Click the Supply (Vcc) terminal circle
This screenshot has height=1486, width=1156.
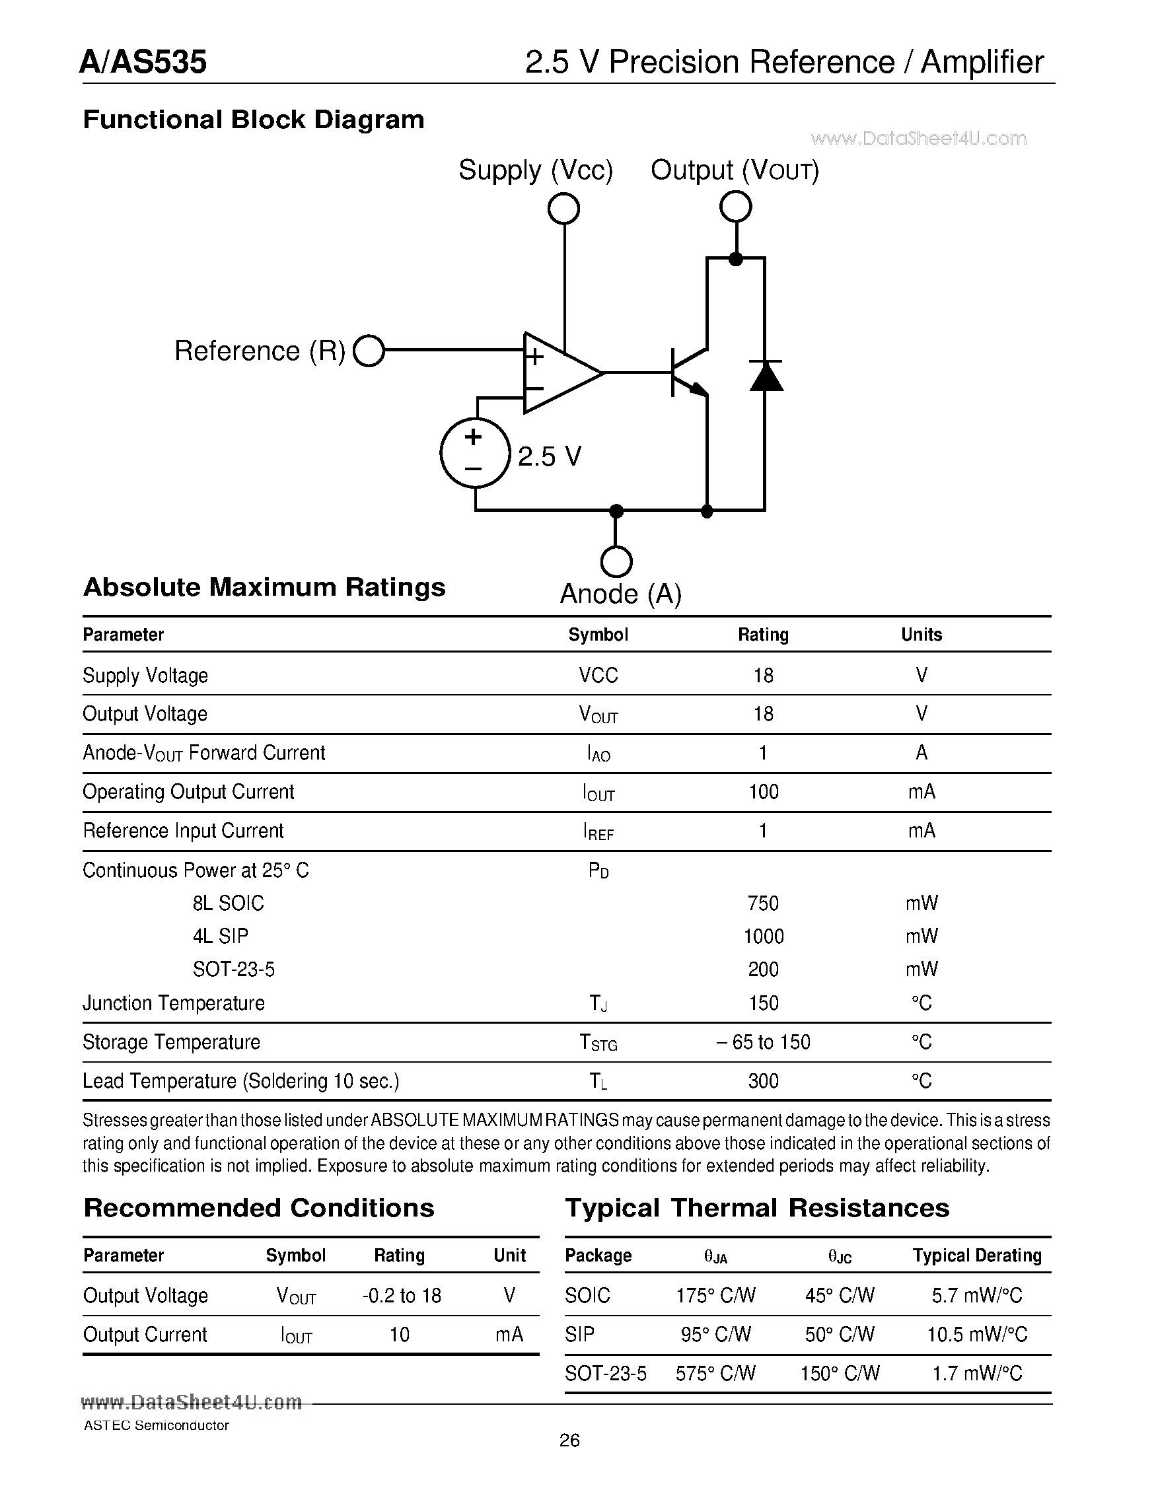563,208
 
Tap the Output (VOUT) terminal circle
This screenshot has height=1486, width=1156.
735,206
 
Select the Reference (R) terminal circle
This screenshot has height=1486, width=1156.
369,351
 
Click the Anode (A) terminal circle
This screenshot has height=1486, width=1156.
616,562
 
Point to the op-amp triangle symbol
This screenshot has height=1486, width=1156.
558,373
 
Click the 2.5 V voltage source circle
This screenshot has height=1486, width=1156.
475,453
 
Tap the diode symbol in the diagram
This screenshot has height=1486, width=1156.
766,376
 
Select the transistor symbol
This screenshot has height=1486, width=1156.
687,373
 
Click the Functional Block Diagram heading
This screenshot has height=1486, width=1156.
253,120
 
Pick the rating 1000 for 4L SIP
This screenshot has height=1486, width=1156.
764,937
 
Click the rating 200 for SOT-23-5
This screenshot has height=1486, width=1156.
764,969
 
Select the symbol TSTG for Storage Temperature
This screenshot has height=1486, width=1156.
598,1042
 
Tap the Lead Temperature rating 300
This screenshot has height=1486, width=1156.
764,1081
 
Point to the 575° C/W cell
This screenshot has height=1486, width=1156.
715,1373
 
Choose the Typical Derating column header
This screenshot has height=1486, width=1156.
977,1256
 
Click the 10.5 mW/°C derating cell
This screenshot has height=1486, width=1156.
977,1334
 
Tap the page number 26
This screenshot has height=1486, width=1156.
569,1440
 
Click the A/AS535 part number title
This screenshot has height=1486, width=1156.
143,62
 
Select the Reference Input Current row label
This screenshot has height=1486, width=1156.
183,831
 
